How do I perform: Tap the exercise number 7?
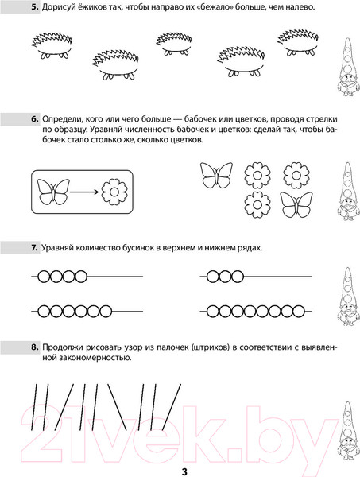point(34,248)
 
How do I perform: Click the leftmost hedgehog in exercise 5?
point(50,46)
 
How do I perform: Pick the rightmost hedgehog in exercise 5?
point(296,42)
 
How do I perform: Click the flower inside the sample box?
point(117,192)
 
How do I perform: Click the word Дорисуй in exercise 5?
point(62,7)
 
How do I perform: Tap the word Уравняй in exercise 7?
point(64,248)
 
